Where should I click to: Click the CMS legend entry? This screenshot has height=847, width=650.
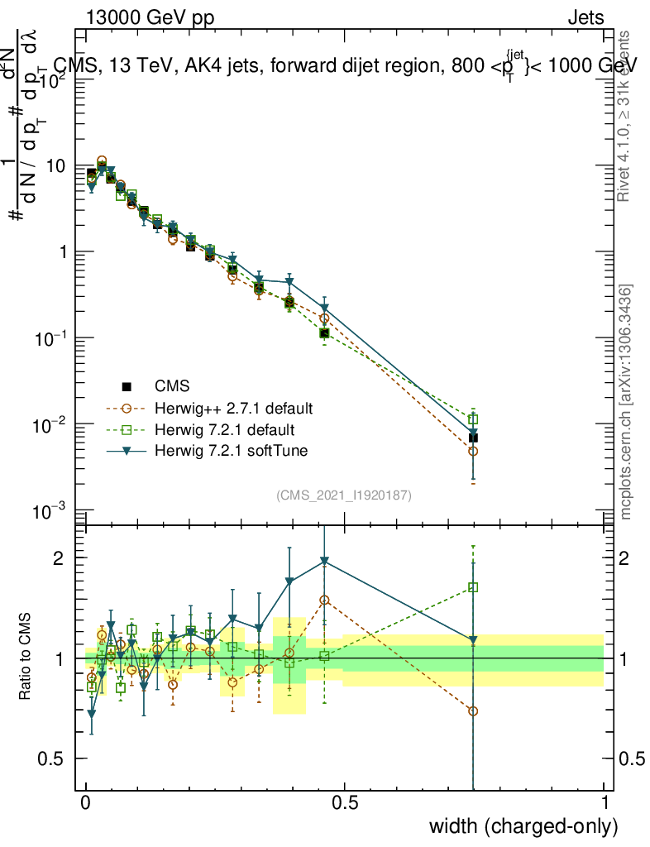[x=172, y=385]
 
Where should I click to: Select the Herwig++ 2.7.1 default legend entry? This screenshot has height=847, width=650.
[x=234, y=409]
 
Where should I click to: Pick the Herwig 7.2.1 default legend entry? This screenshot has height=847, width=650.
[x=223, y=430]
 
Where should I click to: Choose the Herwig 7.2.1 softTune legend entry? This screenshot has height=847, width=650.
[x=229, y=451]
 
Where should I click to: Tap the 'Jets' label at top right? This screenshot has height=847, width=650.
[x=585, y=18]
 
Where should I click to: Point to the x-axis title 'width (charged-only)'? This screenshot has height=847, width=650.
[x=523, y=825]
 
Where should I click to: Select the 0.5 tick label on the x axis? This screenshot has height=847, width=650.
[x=345, y=803]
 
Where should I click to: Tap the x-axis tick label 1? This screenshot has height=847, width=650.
[x=604, y=803]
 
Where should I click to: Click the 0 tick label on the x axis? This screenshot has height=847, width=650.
[x=85, y=803]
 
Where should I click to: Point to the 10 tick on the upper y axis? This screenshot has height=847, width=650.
[x=57, y=165]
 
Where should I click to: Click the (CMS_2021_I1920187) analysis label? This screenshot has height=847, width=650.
[x=344, y=495]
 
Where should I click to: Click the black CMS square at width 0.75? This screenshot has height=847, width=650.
[x=473, y=438]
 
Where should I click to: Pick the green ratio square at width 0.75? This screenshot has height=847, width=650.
[x=473, y=587]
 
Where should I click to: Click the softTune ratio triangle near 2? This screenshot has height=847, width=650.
[x=325, y=561]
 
